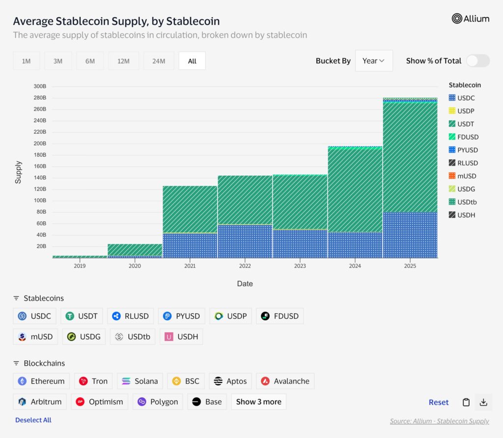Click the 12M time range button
tap(123, 61)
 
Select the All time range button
tap(192, 61)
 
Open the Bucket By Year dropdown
tap(373, 61)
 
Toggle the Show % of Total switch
tap(477, 61)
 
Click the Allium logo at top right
tap(470, 19)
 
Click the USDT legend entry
tap(465, 124)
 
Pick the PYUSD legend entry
tap(467, 150)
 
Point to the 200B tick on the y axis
tap(40, 144)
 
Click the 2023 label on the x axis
tap(300, 266)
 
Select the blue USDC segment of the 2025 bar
tap(410, 235)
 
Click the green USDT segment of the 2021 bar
tap(190, 209)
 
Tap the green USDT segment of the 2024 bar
tap(355, 189)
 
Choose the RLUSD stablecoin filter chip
tap(131, 316)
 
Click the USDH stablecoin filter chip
tap(181, 337)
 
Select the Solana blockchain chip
tap(140, 381)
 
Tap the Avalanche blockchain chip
tap(285, 381)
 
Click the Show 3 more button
tap(258, 402)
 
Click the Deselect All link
tap(33, 420)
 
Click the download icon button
tap(483, 402)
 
